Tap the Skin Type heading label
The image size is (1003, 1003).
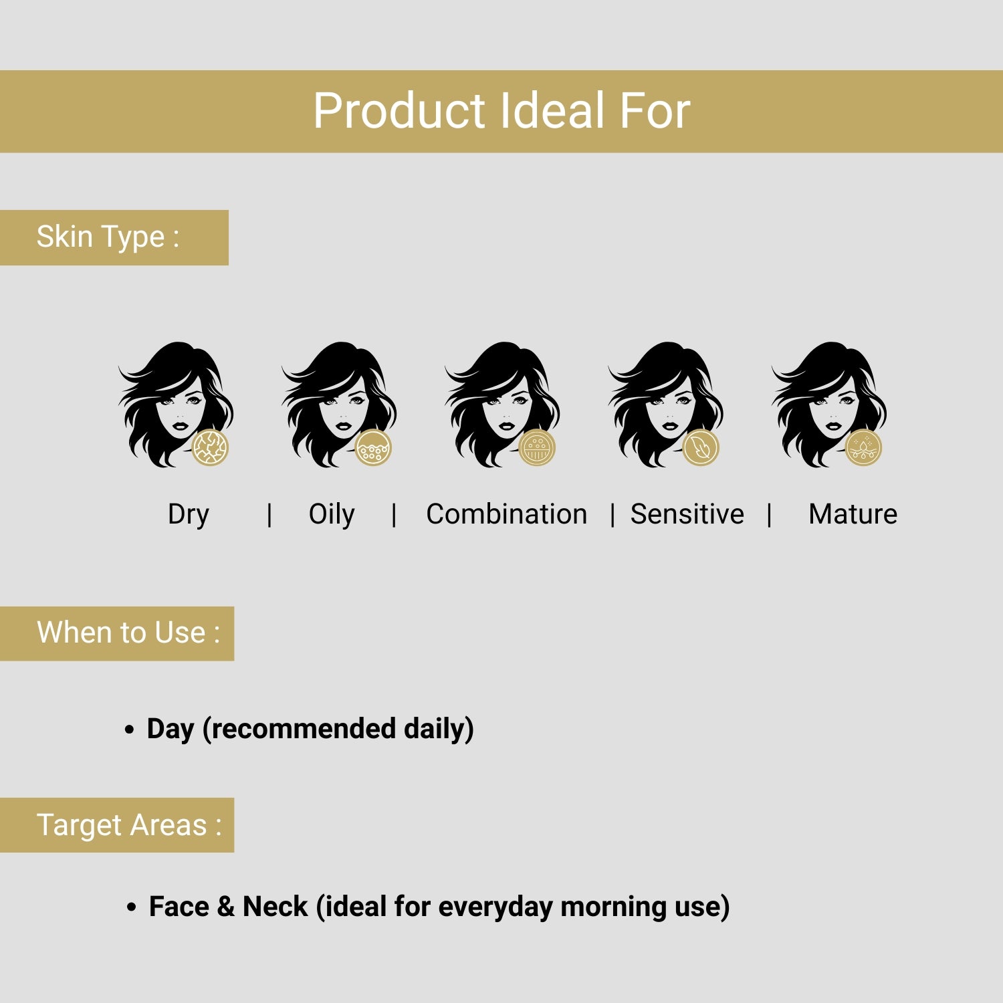pyautogui.click(x=108, y=237)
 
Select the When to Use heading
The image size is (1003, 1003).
pyautogui.click(x=128, y=633)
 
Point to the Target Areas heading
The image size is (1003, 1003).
pyautogui.click(x=128, y=825)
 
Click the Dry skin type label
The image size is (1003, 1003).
pyautogui.click(x=189, y=515)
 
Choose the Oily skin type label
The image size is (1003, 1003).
pyautogui.click(x=332, y=515)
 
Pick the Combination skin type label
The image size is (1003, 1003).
pyautogui.click(x=506, y=515)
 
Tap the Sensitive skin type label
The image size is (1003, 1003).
pyautogui.click(x=687, y=515)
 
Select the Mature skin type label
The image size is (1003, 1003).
pyautogui.click(x=853, y=515)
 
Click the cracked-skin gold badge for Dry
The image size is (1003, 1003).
pyautogui.click(x=211, y=447)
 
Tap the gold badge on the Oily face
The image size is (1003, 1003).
pyautogui.click(x=374, y=447)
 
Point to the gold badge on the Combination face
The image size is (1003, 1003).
pyautogui.click(x=537, y=447)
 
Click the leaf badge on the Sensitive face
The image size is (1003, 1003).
pyautogui.click(x=701, y=447)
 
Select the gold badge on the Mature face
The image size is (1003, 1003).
pyautogui.click(x=864, y=447)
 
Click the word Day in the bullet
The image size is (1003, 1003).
pyautogui.click(x=170, y=729)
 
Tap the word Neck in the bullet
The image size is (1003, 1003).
pyautogui.click(x=275, y=907)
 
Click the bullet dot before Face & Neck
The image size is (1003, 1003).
pyautogui.click(x=132, y=907)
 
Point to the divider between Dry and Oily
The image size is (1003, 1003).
pyautogui.click(x=269, y=515)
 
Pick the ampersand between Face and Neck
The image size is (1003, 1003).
pyautogui.click(x=225, y=907)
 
